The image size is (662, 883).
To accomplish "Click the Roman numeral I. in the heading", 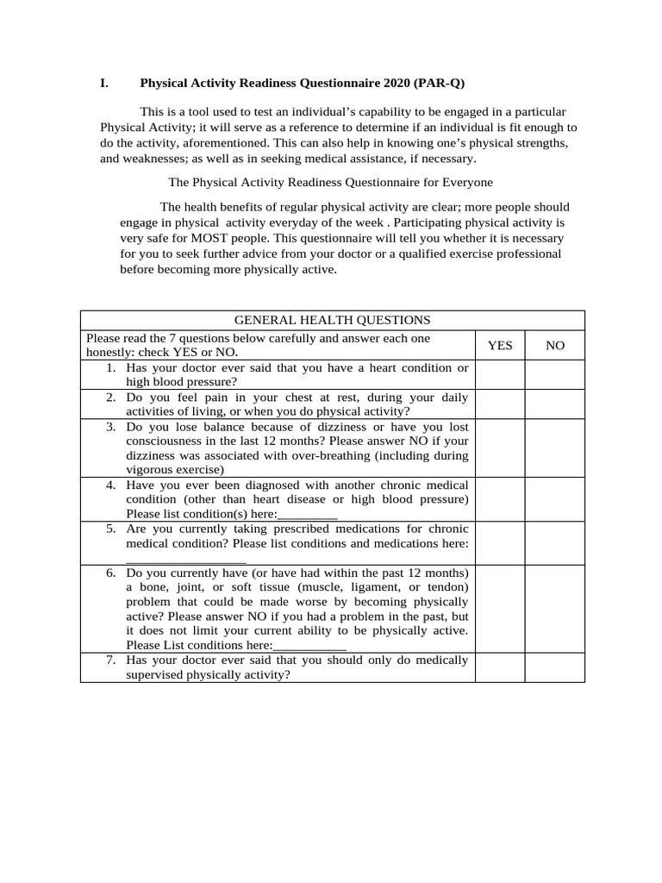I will point(104,83).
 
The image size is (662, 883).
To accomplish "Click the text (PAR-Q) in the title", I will point(439,83).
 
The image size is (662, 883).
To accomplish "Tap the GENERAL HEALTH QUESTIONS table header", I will point(333,320).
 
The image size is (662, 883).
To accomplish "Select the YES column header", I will point(500,346).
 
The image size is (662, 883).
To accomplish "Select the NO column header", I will point(555,346).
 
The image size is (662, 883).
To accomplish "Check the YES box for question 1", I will point(500,375).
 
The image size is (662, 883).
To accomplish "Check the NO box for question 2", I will point(555,404).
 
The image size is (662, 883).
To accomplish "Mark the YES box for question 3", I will point(500,448).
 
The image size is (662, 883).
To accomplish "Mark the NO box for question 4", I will point(555,499).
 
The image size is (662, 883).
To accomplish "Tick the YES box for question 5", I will point(500,542).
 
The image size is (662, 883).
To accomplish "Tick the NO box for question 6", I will point(555,608).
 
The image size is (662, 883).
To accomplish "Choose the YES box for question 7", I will point(500,667).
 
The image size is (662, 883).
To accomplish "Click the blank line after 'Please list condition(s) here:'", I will point(308,515).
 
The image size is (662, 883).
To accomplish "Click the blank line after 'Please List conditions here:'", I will point(310,646).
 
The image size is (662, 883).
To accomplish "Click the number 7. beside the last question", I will point(111,661).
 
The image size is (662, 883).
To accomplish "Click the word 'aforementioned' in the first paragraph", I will point(224,143).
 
